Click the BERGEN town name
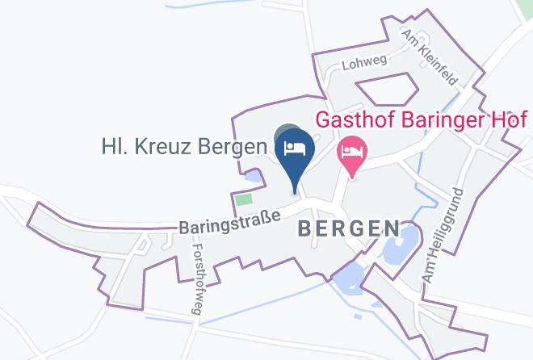coord(349,228)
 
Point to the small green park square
coord(243,199)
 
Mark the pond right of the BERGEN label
coord(401,247)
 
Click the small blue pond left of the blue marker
coord(254,175)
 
